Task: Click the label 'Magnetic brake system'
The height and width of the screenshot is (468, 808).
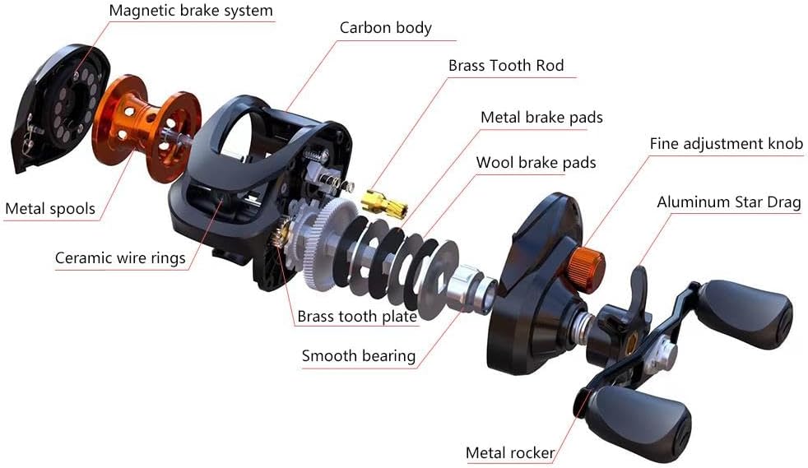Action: coord(191,12)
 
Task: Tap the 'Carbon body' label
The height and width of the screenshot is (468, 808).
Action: coord(385,28)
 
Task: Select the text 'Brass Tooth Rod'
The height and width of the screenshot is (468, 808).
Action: coord(506,65)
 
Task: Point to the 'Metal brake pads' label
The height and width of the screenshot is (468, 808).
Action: coord(541,118)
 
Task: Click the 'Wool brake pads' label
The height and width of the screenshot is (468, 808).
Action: coord(536,163)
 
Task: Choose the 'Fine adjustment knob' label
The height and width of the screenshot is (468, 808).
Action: coord(726,144)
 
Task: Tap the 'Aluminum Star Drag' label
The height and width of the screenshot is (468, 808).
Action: coord(729,202)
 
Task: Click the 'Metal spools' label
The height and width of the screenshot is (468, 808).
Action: coord(50,209)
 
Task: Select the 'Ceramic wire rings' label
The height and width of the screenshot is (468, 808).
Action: coord(120,258)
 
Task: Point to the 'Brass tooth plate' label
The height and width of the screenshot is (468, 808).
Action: coord(357,316)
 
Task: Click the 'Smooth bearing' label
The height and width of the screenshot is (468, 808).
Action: coord(359,356)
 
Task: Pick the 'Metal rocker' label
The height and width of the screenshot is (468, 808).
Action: coord(510,453)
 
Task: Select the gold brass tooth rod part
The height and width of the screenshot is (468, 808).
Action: coord(384,204)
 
